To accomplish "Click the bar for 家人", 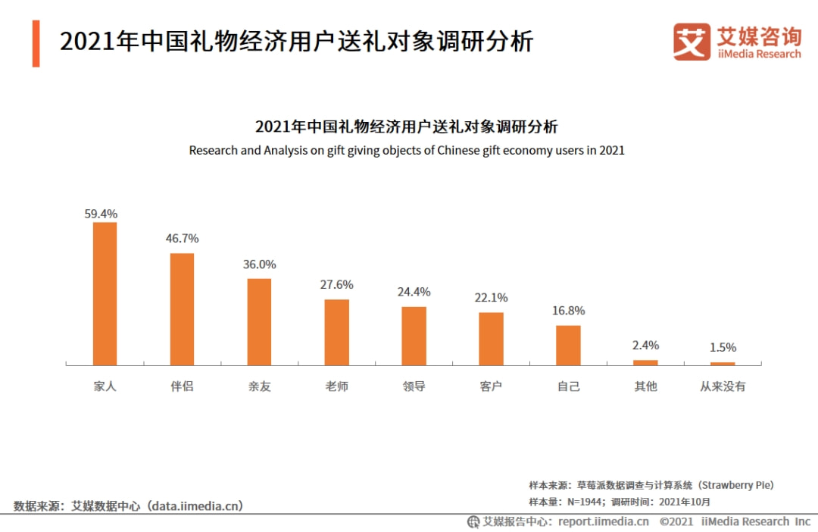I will coord(105,293).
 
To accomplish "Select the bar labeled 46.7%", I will coord(182,308).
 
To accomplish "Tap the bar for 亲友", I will coord(259,321).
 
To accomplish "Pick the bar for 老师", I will coord(336,332).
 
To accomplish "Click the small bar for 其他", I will coord(645,362).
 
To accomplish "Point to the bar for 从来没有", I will coord(723,364).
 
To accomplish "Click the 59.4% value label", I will coord(101,214).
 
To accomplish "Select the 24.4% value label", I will coord(414,292).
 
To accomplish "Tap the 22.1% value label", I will coord(491,298).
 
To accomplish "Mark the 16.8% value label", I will coord(568,311).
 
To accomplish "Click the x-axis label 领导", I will coord(414,386).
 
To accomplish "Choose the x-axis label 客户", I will coord(491,386).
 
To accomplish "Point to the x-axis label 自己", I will coord(568,386).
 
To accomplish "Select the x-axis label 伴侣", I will coord(182,386).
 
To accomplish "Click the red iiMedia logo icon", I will coord(692,42).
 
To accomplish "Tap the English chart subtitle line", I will coord(407,150).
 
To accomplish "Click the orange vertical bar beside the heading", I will coord(36,43).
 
